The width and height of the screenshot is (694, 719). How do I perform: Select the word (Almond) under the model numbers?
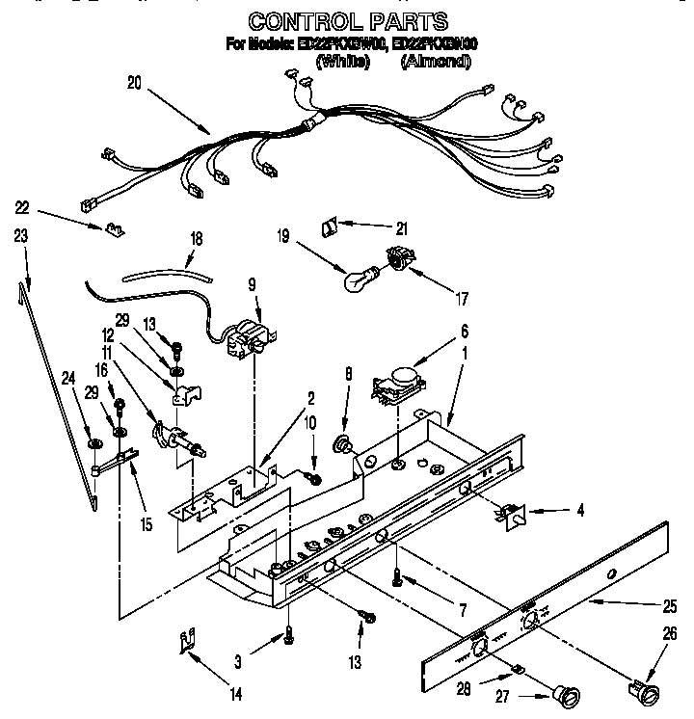click(435, 62)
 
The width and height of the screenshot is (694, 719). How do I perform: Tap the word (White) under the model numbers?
click(343, 62)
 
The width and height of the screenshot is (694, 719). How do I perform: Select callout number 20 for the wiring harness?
click(135, 83)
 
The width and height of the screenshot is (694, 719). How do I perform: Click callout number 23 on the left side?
click(22, 233)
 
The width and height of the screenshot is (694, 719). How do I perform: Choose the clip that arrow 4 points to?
click(511, 516)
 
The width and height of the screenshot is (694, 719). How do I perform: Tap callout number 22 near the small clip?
click(22, 206)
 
